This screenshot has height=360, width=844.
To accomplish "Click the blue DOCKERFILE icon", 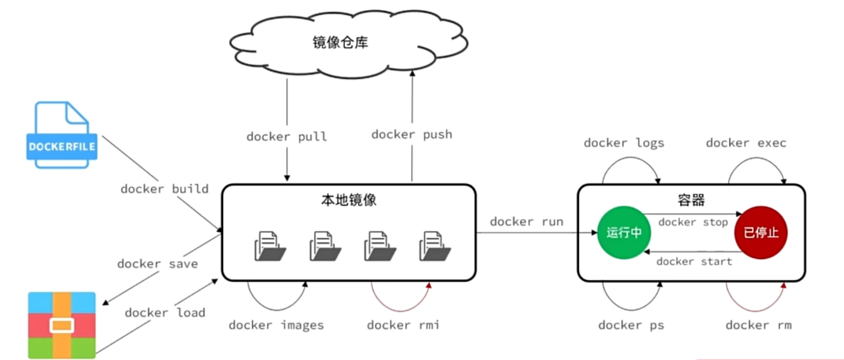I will (x=62, y=135).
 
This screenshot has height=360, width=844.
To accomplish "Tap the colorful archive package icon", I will (x=62, y=325).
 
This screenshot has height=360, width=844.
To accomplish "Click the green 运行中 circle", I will (x=624, y=233).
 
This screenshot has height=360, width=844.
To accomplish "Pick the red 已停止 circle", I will (x=761, y=233).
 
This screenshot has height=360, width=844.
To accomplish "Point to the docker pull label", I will (x=286, y=137).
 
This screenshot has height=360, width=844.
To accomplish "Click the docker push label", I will (x=412, y=135).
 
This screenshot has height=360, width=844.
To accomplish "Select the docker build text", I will (x=164, y=189).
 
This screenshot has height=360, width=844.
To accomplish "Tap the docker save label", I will (x=157, y=264).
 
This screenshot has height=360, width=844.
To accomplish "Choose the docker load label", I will (x=165, y=313).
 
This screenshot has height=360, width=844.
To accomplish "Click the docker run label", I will (x=526, y=222).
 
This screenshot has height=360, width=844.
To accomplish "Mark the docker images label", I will (x=276, y=325).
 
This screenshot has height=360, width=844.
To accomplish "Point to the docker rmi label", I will (x=403, y=325).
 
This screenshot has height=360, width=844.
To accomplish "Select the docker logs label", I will (x=624, y=143).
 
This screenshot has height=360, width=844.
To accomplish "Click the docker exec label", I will (x=746, y=143).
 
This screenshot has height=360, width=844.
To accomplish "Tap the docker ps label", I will (x=631, y=325).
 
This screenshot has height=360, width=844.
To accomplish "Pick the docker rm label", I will (x=758, y=325).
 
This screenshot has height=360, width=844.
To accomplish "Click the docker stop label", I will (x=693, y=222).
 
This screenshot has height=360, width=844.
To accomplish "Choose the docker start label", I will (x=694, y=261).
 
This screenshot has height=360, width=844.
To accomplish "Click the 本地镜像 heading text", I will (x=349, y=200).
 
